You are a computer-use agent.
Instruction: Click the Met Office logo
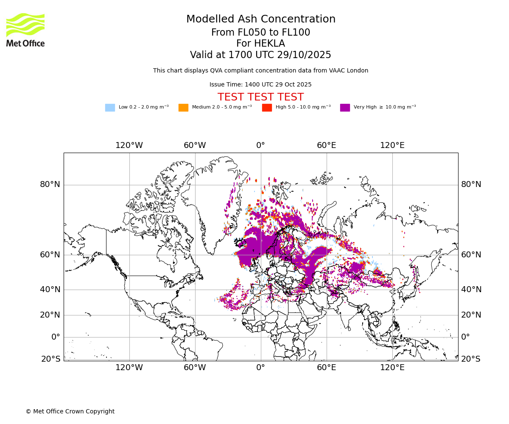coord(25,30)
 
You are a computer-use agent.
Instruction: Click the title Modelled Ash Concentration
coord(260,20)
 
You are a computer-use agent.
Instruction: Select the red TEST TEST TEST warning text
coord(260,97)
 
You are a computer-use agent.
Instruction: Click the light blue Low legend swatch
coord(110,108)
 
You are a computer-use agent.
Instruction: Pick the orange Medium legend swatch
coord(183,108)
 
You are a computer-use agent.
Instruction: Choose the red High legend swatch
coord(267,108)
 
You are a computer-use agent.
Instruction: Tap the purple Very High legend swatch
coord(345,108)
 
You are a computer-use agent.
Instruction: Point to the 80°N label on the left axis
coord(50,184)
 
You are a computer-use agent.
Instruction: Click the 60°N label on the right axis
coord(471,255)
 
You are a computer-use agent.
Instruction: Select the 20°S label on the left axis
coord(51,359)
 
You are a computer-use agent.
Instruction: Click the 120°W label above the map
coord(129,145)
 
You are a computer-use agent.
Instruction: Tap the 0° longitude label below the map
coord(260,368)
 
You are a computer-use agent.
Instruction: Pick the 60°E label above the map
coord(326,145)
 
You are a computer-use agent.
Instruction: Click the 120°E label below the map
coord(392,368)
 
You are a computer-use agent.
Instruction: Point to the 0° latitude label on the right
coord(466,337)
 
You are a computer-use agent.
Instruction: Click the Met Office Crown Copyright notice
coord(70,411)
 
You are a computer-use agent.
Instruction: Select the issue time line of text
coord(260,85)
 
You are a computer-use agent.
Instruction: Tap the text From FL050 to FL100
coord(260,33)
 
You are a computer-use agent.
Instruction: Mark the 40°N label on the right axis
coord(471,290)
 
